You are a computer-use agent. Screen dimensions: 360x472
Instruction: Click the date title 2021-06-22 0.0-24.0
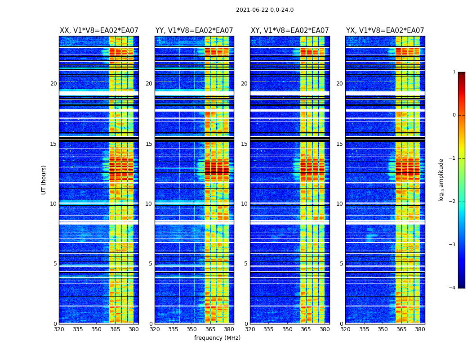tap(265, 10)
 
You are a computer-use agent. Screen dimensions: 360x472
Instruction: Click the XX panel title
tap(99, 31)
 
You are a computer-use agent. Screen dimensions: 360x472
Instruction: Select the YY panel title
tap(194, 31)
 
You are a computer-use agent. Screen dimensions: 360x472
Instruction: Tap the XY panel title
tap(289, 31)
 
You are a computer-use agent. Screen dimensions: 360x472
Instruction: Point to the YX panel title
tap(385, 31)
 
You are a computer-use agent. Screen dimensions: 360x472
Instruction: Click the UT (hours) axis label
tap(44, 180)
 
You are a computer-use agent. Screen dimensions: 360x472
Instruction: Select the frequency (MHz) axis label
tap(217, 338)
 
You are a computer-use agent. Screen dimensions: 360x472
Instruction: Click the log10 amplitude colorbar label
tap(441, 180)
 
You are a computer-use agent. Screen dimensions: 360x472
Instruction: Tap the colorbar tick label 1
tap(454, 72)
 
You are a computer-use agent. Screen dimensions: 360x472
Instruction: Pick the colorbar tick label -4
tap(453, 288)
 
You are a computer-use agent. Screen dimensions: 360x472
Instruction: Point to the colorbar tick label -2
tap(453, 202)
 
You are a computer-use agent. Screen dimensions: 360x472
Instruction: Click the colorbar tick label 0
tap(454, 115)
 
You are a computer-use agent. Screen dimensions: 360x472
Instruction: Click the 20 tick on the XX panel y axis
tap(53, 84)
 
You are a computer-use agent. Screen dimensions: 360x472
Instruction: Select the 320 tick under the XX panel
tap(59, 329)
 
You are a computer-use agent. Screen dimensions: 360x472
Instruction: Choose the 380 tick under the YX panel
tap(420, 329)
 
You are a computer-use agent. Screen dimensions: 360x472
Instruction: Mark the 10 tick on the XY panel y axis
tap(244, 204)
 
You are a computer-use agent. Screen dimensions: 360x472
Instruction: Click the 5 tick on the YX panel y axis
tap(341, 264)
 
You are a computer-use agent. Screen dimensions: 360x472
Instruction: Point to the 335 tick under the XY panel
tap(269, 329)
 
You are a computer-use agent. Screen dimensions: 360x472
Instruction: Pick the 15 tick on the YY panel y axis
tap(149, 144)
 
